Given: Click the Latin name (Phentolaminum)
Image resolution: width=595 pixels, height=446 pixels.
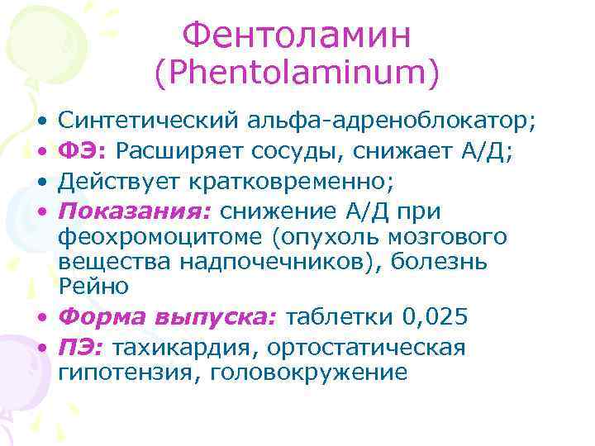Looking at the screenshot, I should click(x=296, y=74).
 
